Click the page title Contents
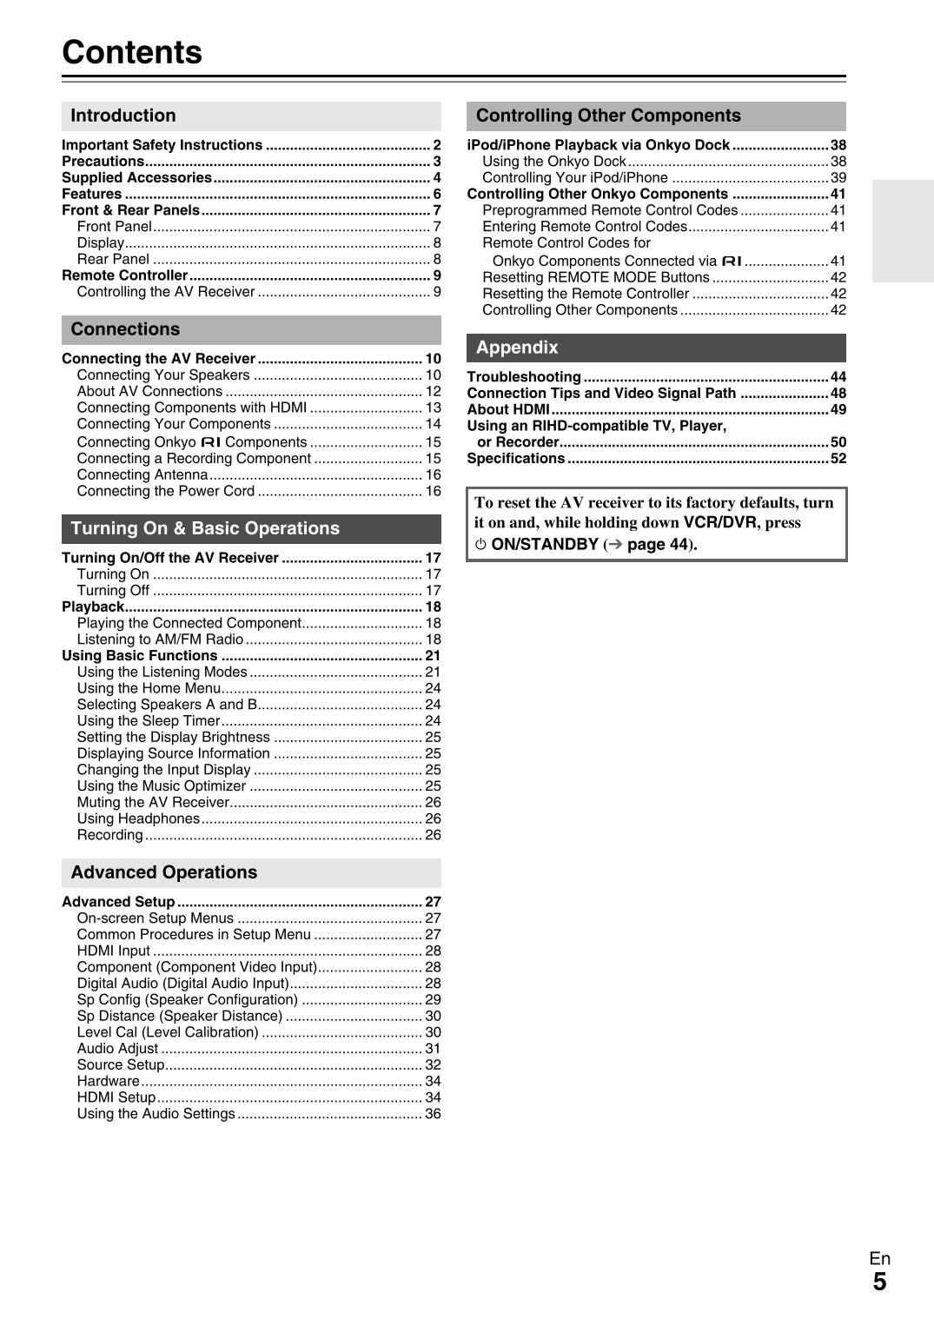132,52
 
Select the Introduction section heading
123,116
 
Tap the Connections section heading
125,329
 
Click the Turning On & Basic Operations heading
205,528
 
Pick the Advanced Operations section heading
164,872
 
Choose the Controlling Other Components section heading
608,116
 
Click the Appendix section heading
517,348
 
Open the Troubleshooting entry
524,377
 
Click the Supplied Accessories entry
136,177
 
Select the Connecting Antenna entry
142,474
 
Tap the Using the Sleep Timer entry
149,720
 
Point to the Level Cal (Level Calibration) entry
168,1032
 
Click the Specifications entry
516,459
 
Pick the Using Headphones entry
138,819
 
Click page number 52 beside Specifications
838,459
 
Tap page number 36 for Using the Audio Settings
433,1114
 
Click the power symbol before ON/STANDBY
480,545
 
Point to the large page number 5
879,1282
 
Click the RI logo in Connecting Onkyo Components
210,442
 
